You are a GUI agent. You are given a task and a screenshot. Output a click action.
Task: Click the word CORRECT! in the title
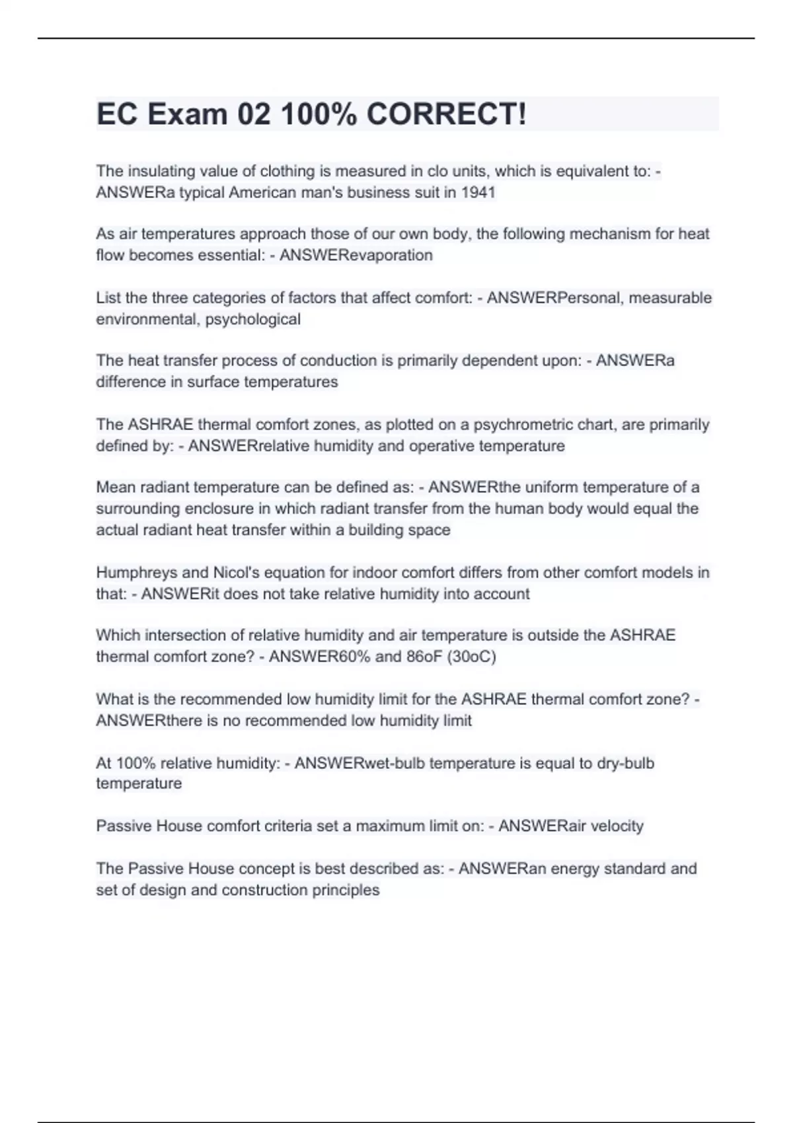(447, 114)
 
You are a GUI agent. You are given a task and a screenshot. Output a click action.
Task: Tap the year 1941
(478, 192)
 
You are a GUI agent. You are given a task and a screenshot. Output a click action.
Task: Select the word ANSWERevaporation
(356, 255)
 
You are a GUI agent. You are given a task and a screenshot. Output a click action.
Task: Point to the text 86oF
(415, 656)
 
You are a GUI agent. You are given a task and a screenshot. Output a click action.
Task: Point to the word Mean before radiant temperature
(113, 488)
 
